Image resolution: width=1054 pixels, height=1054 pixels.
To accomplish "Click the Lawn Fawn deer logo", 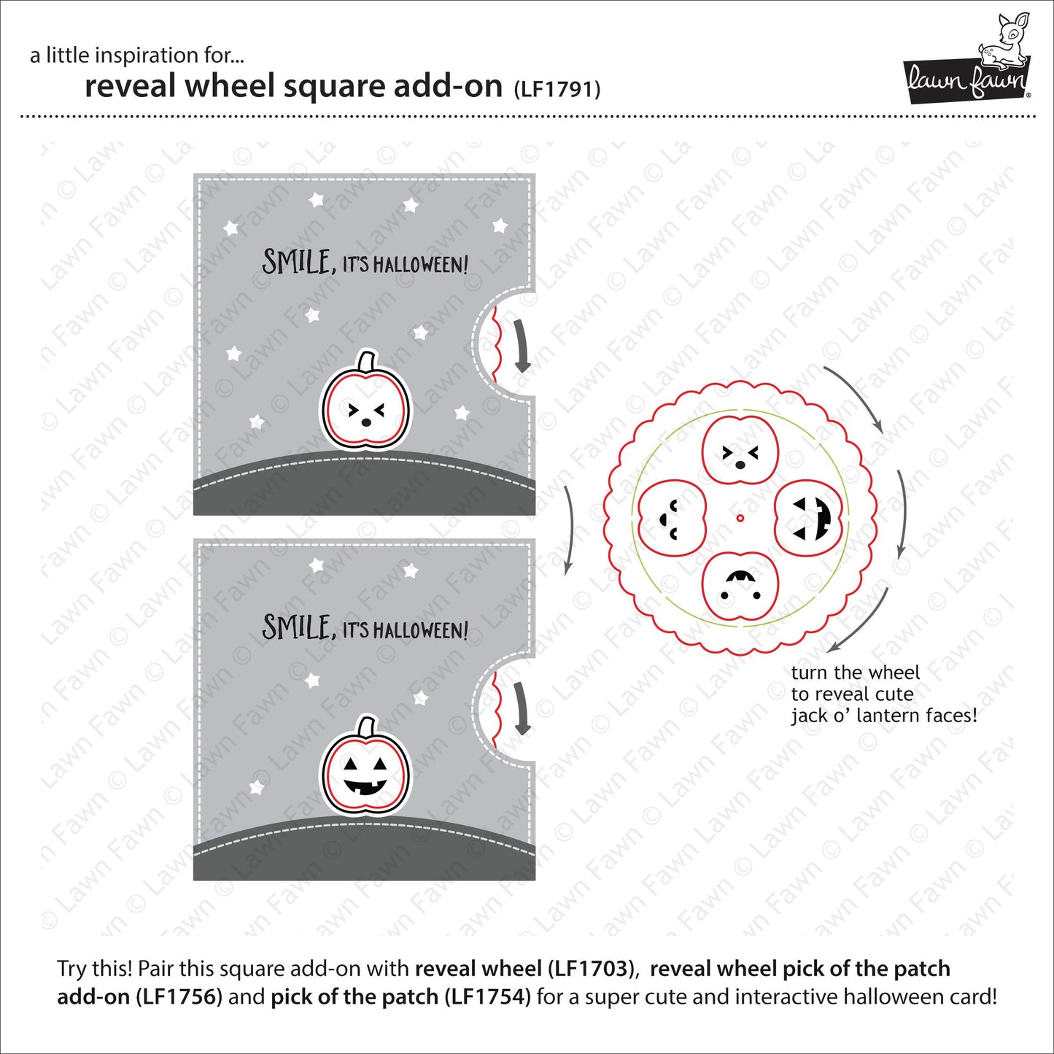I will (x=967, y=59).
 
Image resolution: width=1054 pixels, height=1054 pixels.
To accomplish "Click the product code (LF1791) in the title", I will (x=557, y=89).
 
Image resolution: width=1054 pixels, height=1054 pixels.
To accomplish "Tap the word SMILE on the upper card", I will (x=296, y=261).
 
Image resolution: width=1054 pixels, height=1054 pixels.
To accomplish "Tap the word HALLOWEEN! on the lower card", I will (x=420, y=631).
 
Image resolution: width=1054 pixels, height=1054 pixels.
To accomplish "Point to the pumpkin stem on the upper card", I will (x=366, y=361).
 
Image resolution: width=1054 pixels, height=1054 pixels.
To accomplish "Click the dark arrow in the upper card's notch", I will (x=521, y=345).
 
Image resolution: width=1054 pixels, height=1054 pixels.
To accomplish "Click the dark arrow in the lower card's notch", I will (x=521, y=708).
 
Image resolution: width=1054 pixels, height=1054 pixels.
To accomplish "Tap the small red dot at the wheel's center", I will (x=740, y=519).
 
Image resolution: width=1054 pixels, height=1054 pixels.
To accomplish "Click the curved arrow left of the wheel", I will (x=568, y=529).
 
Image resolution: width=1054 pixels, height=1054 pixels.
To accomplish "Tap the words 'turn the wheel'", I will (x=855, y=673).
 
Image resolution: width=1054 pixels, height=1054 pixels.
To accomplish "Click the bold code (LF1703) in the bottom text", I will (x=587, y=969).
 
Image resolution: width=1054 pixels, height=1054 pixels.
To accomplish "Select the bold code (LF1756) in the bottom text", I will (x=179, y=996).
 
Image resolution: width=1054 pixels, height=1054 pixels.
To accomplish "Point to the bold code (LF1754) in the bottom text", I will (x=487, y=996).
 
